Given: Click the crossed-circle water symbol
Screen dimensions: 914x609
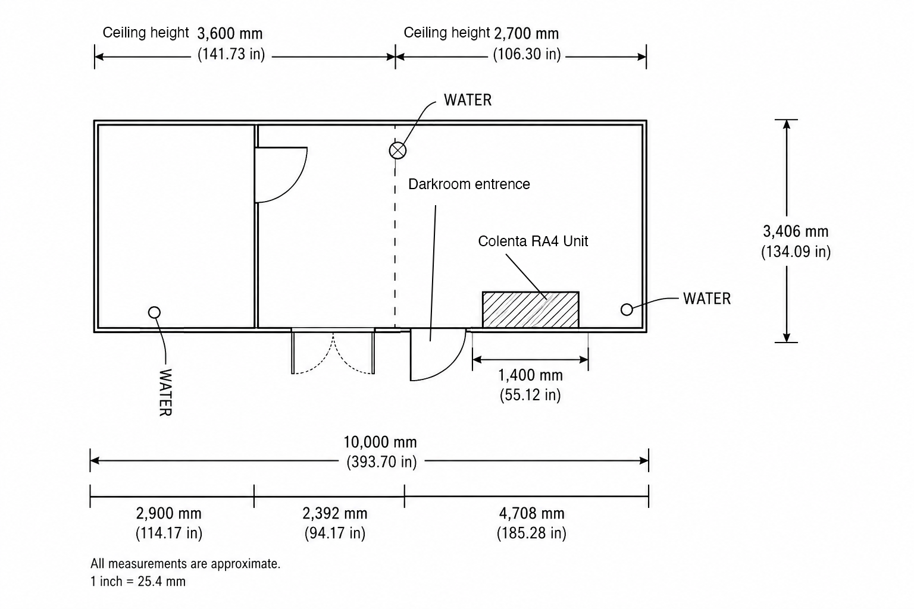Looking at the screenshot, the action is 397,150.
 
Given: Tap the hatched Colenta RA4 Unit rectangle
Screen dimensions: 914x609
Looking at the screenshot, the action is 530,310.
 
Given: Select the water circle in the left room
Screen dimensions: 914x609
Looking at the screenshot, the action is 154,312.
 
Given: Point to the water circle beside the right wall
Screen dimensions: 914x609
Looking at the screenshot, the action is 627,310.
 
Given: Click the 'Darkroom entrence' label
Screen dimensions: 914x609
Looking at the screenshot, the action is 469,184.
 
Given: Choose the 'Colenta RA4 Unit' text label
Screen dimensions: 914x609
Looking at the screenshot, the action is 533,241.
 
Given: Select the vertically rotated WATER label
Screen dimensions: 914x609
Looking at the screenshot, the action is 165,393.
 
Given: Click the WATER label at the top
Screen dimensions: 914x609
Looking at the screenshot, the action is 468,100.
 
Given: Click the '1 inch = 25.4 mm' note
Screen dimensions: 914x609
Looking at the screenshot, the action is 138,581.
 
